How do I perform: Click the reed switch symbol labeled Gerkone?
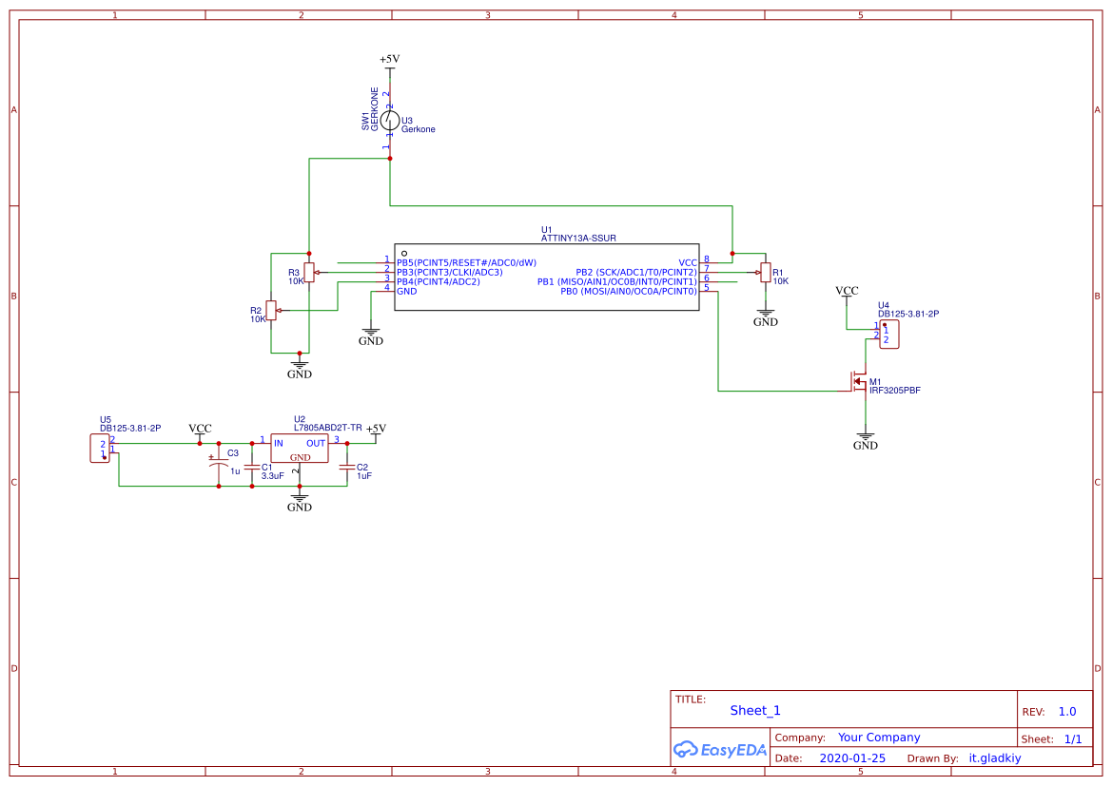(390, 120)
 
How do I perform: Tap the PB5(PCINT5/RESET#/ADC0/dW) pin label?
(466, 262)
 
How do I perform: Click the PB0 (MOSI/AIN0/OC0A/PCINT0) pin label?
(628, 291)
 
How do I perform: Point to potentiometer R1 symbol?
(765, 273)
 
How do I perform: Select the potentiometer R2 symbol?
(271, 310)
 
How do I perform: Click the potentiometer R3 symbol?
(308, 273)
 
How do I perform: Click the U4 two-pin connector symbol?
(889, 335)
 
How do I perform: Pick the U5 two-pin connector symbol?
(100, 447)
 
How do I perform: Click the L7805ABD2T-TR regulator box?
(300, 449)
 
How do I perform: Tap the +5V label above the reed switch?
(390, 59)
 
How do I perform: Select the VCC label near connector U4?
(847, 291)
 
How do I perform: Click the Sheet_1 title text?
(755, 710)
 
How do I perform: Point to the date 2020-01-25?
(852, 758)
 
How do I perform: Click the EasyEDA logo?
(720, 750)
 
